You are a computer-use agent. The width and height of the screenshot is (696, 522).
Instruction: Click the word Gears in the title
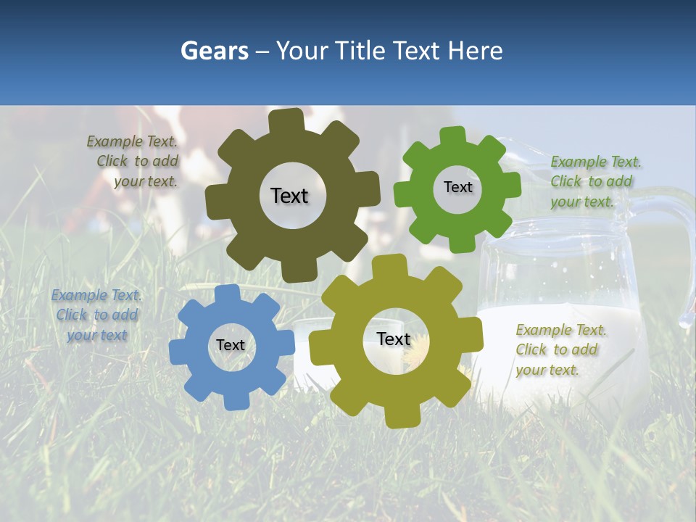pyautogui.click(x=214, y=51)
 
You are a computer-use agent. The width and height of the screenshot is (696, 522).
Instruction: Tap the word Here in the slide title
pyautogui.click(x=476, y=51)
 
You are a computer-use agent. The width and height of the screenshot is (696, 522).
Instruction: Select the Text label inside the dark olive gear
pyautogui.click(x=289, y=196)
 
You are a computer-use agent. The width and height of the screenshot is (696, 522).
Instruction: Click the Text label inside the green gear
pyautogui.click(x=457, y=187)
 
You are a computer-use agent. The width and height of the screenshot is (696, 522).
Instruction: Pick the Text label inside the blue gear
pyautogui.click(x=230, y=345)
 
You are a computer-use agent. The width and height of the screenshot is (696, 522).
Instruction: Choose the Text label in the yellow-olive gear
pyautogui.click(x=394, y=339)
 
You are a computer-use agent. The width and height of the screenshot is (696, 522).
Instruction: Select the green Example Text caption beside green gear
pyautogui.click(x=594, y=181)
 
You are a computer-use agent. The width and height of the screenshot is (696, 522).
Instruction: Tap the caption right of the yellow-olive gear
pyautogui.click(x=560, y=349)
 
